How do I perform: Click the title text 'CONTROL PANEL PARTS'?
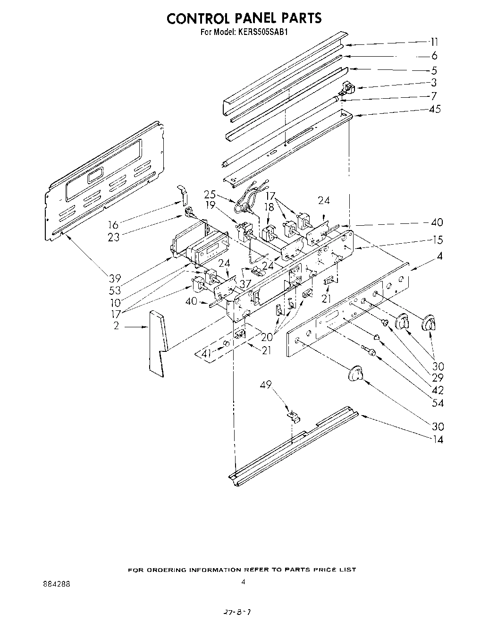tap(244, 18)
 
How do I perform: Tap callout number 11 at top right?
tap(433, 42)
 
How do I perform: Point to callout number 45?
tap(434, 109)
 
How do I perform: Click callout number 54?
tap(438, 403)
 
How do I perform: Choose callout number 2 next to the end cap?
tap(116, 326)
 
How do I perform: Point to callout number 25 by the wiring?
tap(210, 194)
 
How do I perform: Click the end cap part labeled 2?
tap(157, 342)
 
